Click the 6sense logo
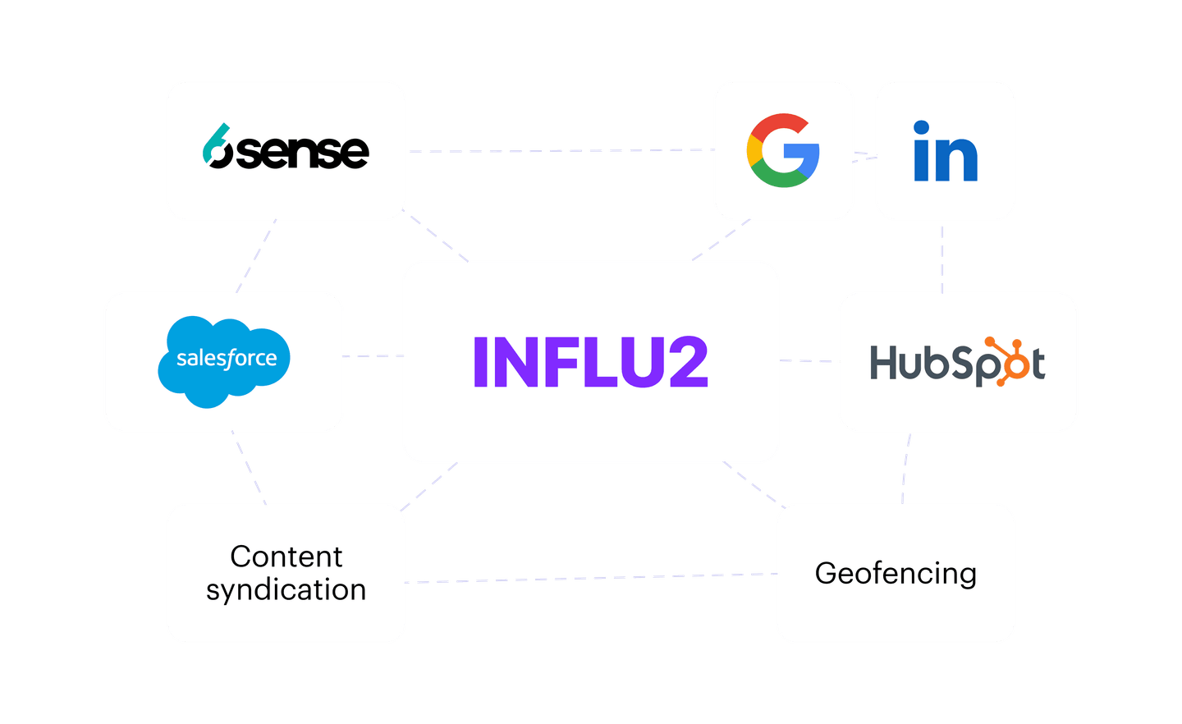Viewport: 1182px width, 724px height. coord(286,149)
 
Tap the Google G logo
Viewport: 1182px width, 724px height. coord(782,150)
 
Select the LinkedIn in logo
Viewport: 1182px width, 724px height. coord(946,151)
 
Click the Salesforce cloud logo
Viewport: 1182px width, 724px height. coord(223,360)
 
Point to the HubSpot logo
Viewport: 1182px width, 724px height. coord(957,362)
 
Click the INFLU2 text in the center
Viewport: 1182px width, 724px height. coord(590,362)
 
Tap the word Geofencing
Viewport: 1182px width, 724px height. coord(896,573)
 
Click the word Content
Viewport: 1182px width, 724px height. coord(286,557)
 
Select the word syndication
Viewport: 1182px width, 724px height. coord(286,590)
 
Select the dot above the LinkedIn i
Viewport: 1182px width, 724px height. coord(921,128)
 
